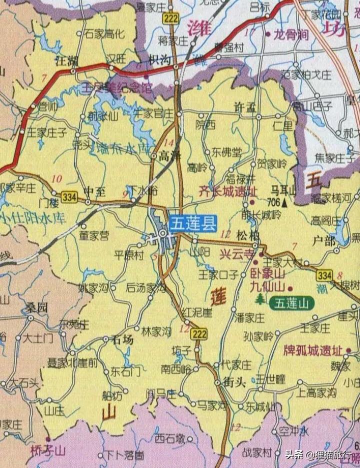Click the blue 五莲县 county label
pyautogui.click(x=192, y=223)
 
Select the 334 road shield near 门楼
pyautogui.click(x=70, y=197)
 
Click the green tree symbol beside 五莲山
pyautogui.click(x=259, y=299)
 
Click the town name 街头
pyautogui.click(x=233, y=382)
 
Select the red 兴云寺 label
pyautogui.click(x=237, y=254)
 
